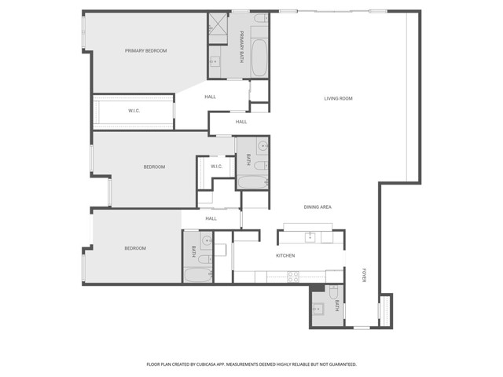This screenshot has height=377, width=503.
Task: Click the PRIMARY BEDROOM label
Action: pos(146,51)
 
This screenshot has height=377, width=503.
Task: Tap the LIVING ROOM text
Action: pos(338,98)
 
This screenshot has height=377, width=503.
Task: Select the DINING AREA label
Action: pos(318,207)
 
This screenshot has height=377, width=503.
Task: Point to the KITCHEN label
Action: pos(285,256)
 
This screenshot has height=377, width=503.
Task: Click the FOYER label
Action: pos(364,276)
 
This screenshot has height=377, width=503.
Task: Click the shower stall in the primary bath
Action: pos(216,27)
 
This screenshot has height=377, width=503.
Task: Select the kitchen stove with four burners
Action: pos(293,276)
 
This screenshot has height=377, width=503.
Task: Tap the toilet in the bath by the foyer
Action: pos(333,292)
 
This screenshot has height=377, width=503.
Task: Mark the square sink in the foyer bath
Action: pos(318,309)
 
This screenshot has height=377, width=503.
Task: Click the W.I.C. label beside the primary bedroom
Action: pos(134,111)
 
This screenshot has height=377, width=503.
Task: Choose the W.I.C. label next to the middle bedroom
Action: pos(216,166)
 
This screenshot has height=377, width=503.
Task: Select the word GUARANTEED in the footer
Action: pos(340,364)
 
